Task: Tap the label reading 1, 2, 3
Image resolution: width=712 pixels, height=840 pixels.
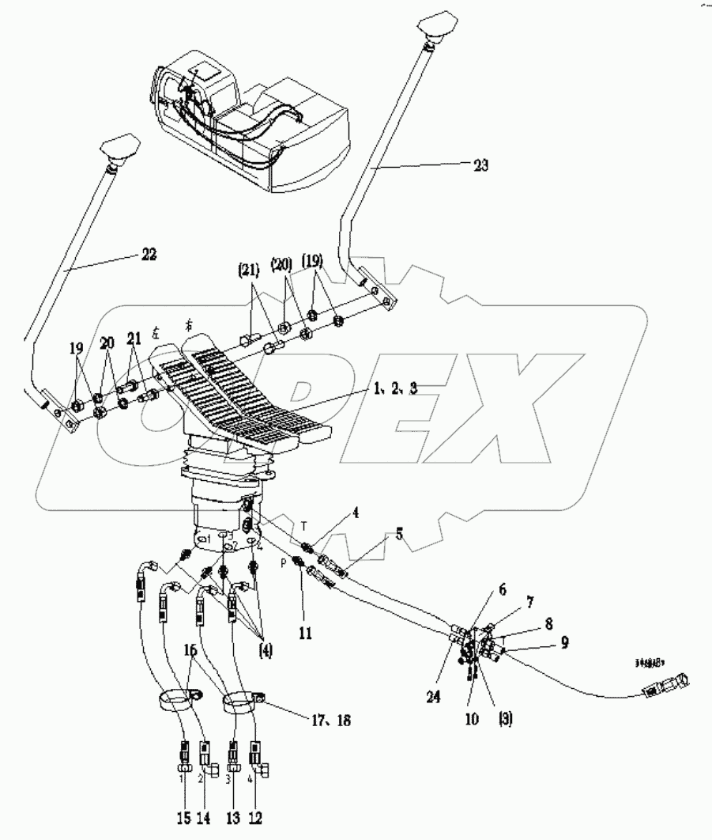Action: (x=392, y=389)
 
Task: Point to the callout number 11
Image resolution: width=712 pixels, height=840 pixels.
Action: (x=305, y=633)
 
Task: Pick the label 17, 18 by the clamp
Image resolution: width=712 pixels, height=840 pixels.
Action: (x=330, y=721)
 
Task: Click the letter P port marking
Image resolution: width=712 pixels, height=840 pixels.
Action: (x=283, y=565)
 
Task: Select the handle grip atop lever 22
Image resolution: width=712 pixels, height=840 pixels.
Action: (x=120, y=149)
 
